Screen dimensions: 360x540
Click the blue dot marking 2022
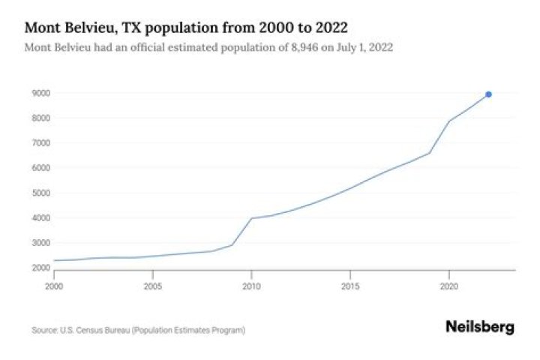coord(488,94)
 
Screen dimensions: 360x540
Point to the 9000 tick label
coord(41,94)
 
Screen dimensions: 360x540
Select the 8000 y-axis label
coord(41,118)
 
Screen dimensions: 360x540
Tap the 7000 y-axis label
coord(41,143)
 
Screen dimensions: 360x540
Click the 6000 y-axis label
coord(41,169)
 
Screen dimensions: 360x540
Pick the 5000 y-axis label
coord(41,193)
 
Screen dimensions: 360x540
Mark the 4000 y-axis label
coord(41,218)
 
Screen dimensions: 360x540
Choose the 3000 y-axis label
coord(41,244)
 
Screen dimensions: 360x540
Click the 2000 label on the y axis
coord(41,268)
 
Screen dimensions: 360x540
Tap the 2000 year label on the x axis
coord(55,286)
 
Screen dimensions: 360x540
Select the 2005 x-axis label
coord(153,286)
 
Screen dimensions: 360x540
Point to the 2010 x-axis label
coord(251,286)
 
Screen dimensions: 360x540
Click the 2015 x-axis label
coord(350,286)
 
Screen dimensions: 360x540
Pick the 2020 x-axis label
coord(448,286)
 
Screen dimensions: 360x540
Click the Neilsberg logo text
coord(480,327)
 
